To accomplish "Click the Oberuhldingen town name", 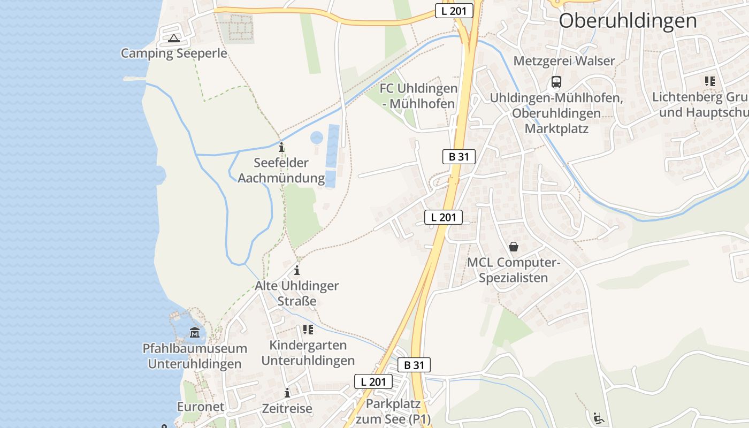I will pos(628,21).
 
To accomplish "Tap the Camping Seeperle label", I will pos(174,53).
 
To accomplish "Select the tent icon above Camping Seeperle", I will pos(173,39).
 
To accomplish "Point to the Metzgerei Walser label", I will pos(564,61).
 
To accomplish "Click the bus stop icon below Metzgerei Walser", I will pos(556,82).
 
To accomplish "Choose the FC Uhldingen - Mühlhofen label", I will pos(418,96).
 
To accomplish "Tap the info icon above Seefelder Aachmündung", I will pos(281,147).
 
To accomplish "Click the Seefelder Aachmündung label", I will pos(281,170).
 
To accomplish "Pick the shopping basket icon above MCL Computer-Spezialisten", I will pos(514,247).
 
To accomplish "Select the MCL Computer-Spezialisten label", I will pos(513,270).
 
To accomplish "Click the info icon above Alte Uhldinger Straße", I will pos(297,270).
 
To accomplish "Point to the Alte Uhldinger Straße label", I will pos(297,293).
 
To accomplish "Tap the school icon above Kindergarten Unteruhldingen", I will pos(308,330).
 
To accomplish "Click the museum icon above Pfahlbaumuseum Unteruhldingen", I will pos(195,333).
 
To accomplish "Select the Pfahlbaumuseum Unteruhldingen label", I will pos(195,356).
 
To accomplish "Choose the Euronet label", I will pos(201,407).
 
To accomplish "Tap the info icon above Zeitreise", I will pos(287,393).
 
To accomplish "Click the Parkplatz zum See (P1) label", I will pos(393,411).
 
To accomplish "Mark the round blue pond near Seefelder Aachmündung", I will pos(317,138).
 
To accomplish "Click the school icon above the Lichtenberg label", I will pos(710,81).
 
